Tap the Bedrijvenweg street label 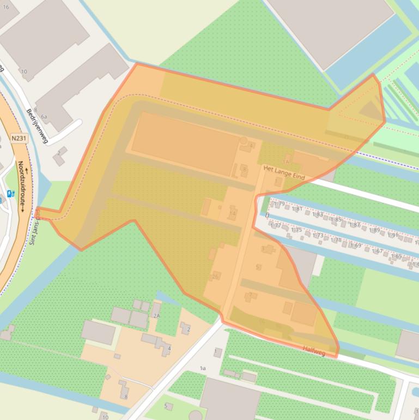pos(37,126)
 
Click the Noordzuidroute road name pos(22,185)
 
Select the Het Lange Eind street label pos(283,170)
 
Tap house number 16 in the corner pos(6,7)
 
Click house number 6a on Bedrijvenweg pos(44,116)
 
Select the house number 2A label pos(157,316)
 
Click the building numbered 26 pos(216,277)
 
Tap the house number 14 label pos(233,213)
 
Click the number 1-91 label pos(392,235)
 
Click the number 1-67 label pos(376,251)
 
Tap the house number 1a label pos(203,369)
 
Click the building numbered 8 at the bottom pos(125,397)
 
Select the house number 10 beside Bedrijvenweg pos(23,71)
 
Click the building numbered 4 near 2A pos(169,348)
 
